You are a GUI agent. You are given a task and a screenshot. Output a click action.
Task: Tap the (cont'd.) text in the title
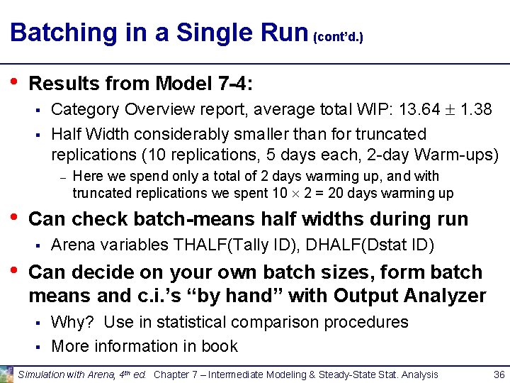pos(339,36)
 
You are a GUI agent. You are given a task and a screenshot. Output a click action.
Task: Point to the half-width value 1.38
pos(477,110)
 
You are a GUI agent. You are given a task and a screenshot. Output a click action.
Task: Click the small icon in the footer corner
pos(7,374)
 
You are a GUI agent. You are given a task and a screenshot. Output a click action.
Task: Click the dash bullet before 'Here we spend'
pos(62,177)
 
